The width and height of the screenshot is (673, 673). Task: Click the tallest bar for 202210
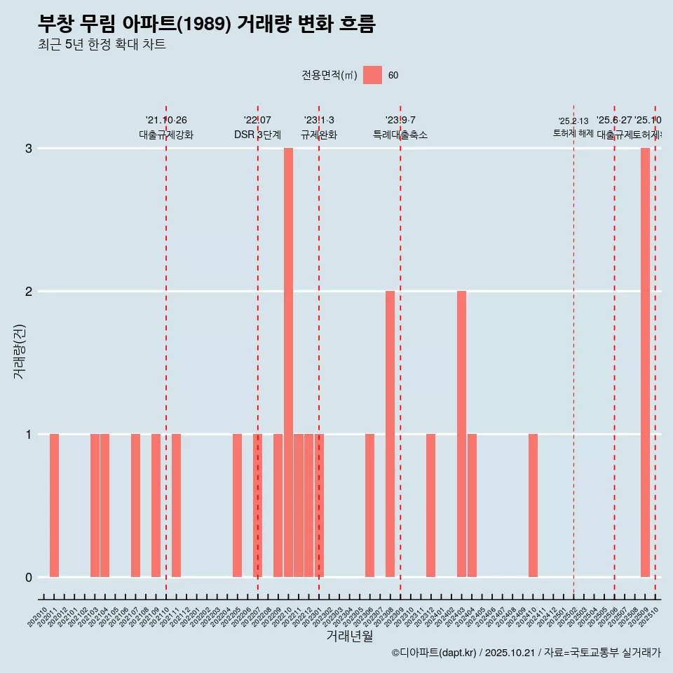tap(288, 362)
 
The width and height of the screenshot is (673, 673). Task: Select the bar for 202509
tap(645, 362)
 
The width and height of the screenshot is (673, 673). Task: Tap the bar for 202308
tap(390, 434)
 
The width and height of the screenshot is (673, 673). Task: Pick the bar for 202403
tap(461, 434)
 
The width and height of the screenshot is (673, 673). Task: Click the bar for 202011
tap(54, 505)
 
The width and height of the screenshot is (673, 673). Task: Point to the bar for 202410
tap(533, 505)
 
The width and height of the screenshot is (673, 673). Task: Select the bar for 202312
tap(430, 505)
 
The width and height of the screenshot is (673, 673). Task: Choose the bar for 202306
tap(369, 505)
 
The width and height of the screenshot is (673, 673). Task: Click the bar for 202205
tap(237, 505)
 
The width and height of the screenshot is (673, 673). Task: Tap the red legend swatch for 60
tap(372, 75)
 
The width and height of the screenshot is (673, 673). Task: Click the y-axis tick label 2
tap(29, 291)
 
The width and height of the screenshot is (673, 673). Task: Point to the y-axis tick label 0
tap(29, 577)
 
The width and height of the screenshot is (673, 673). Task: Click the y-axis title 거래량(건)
tap(19, 351)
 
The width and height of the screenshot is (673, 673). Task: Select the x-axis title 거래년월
tap(349, 636)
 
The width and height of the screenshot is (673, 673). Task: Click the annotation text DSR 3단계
tap(257, 135)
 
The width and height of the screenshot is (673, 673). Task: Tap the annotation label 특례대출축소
tap(400, 135)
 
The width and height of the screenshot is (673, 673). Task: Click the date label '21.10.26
tap(166, 121)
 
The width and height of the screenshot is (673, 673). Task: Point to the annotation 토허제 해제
tap(573, 133)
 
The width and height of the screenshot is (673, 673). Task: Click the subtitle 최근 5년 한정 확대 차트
tap(102, 45)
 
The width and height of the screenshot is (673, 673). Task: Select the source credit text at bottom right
tap(526, 653)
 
